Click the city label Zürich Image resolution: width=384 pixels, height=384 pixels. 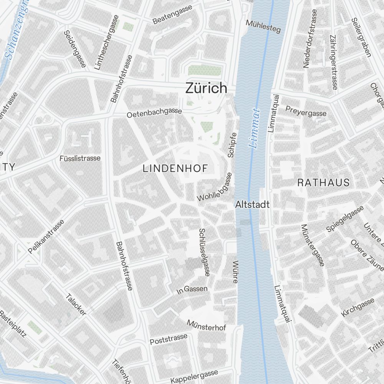(206, 88)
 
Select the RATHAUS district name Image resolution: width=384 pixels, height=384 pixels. (324, 182)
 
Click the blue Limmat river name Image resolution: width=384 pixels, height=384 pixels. (255, 129)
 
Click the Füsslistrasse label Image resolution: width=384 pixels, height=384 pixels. (80, 158)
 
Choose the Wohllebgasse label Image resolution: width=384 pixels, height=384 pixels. (215, 187)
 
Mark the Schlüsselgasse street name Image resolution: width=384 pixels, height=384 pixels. (204, 252)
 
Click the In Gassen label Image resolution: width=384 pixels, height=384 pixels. (192, 290)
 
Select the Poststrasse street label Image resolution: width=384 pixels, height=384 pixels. (169, 339)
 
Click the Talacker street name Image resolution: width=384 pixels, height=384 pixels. (76, 305)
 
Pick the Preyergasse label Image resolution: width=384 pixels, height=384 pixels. (306, 111)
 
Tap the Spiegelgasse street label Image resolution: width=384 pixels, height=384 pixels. (345, 218)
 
